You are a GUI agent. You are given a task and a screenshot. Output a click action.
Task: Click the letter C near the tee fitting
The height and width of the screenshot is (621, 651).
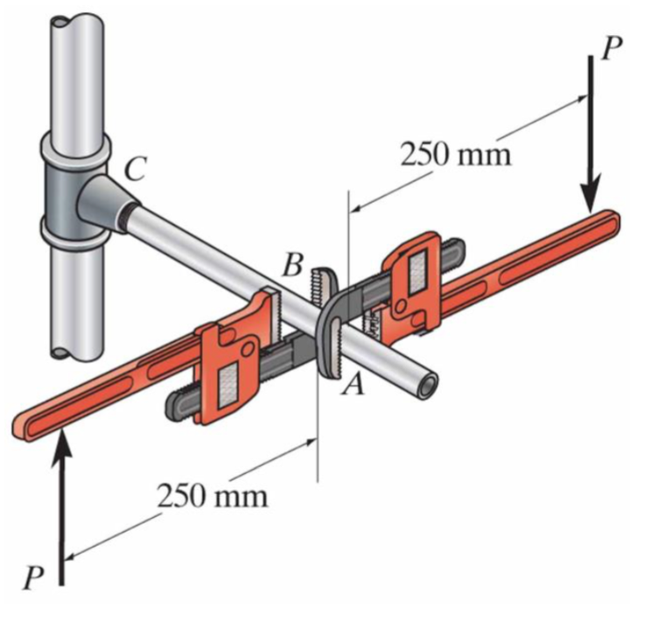[134, 169]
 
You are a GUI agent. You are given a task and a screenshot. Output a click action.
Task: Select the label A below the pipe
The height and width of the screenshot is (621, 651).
[353, 382]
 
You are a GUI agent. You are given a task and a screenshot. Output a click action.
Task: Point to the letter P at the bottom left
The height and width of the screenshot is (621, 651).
[34, 577]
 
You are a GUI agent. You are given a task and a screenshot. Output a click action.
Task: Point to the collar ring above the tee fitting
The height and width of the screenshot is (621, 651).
[75, 145]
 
